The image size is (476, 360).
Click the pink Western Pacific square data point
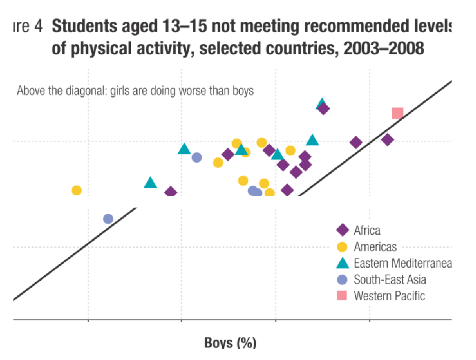coord(397,113)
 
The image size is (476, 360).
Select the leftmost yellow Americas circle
coord(76,190)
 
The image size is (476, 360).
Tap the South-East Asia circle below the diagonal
coord(108,219)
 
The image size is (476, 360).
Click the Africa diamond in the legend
coord(343,230)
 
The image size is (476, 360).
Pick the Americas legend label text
coord(375,246)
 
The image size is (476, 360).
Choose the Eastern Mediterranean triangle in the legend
coord(343,263)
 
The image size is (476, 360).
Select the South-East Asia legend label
coord(390,279)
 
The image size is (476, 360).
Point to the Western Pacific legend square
coord(343,296)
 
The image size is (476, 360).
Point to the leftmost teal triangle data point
coord(150,183)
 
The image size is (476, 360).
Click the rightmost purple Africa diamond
coord(387,140)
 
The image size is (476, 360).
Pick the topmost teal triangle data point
coord(321,104)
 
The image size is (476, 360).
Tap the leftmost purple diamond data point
coord(171,192)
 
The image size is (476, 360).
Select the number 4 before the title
coord(38,27)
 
